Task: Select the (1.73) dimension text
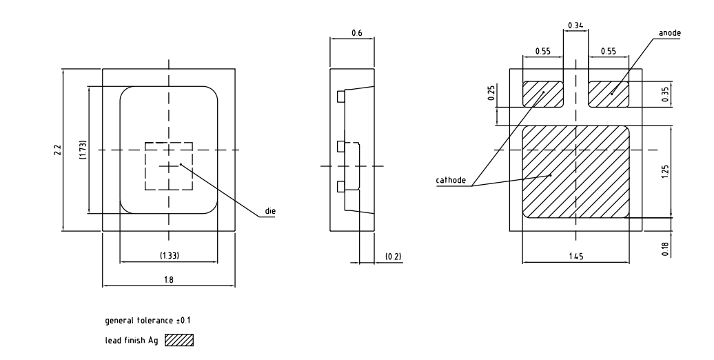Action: pos(83,150)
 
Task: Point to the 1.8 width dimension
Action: pos(169,280)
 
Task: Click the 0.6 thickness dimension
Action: pos(356,32)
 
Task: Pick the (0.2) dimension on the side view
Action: pos(393,257)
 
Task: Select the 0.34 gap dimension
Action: pos(575,26)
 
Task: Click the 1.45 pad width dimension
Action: pos(575,257)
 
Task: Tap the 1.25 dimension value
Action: pos(664,171)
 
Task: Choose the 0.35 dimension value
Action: pos(664,94)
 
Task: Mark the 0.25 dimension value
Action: pos(490,94)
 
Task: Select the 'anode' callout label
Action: pos(668,32)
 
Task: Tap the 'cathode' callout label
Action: pos(451,181)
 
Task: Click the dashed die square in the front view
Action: pos(168,166)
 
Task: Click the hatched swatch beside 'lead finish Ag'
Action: pos(179,340)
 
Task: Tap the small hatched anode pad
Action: pos(609,94)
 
